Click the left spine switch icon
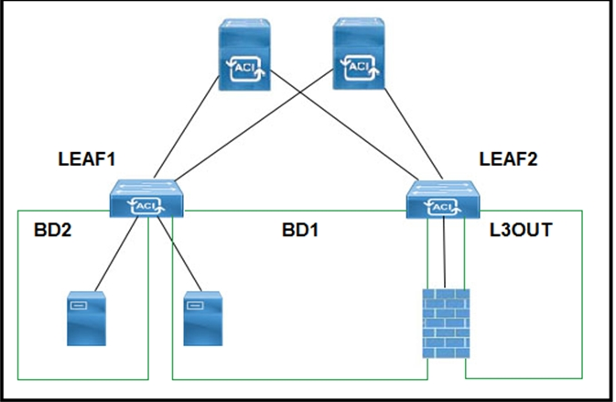pyautogui.click(x=245, y=58)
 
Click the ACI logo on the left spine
pyautogui.click(x=245, y=69)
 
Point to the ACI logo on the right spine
pyautogui.click(x=357, y=67)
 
